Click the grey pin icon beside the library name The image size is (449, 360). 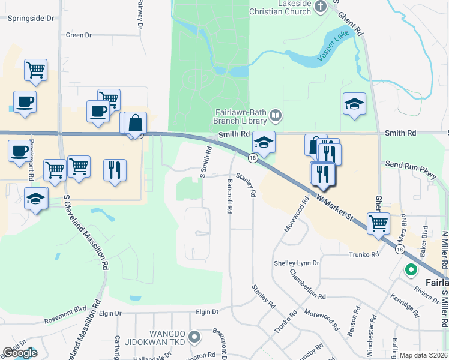pos(276,113)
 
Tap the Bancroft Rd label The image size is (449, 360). pos(229,196)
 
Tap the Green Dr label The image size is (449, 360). pos(79,35)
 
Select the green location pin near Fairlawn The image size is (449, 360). pos(411,270)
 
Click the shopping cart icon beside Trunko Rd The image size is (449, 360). pos(378,223)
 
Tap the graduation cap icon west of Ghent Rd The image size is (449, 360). pos(354,104)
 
